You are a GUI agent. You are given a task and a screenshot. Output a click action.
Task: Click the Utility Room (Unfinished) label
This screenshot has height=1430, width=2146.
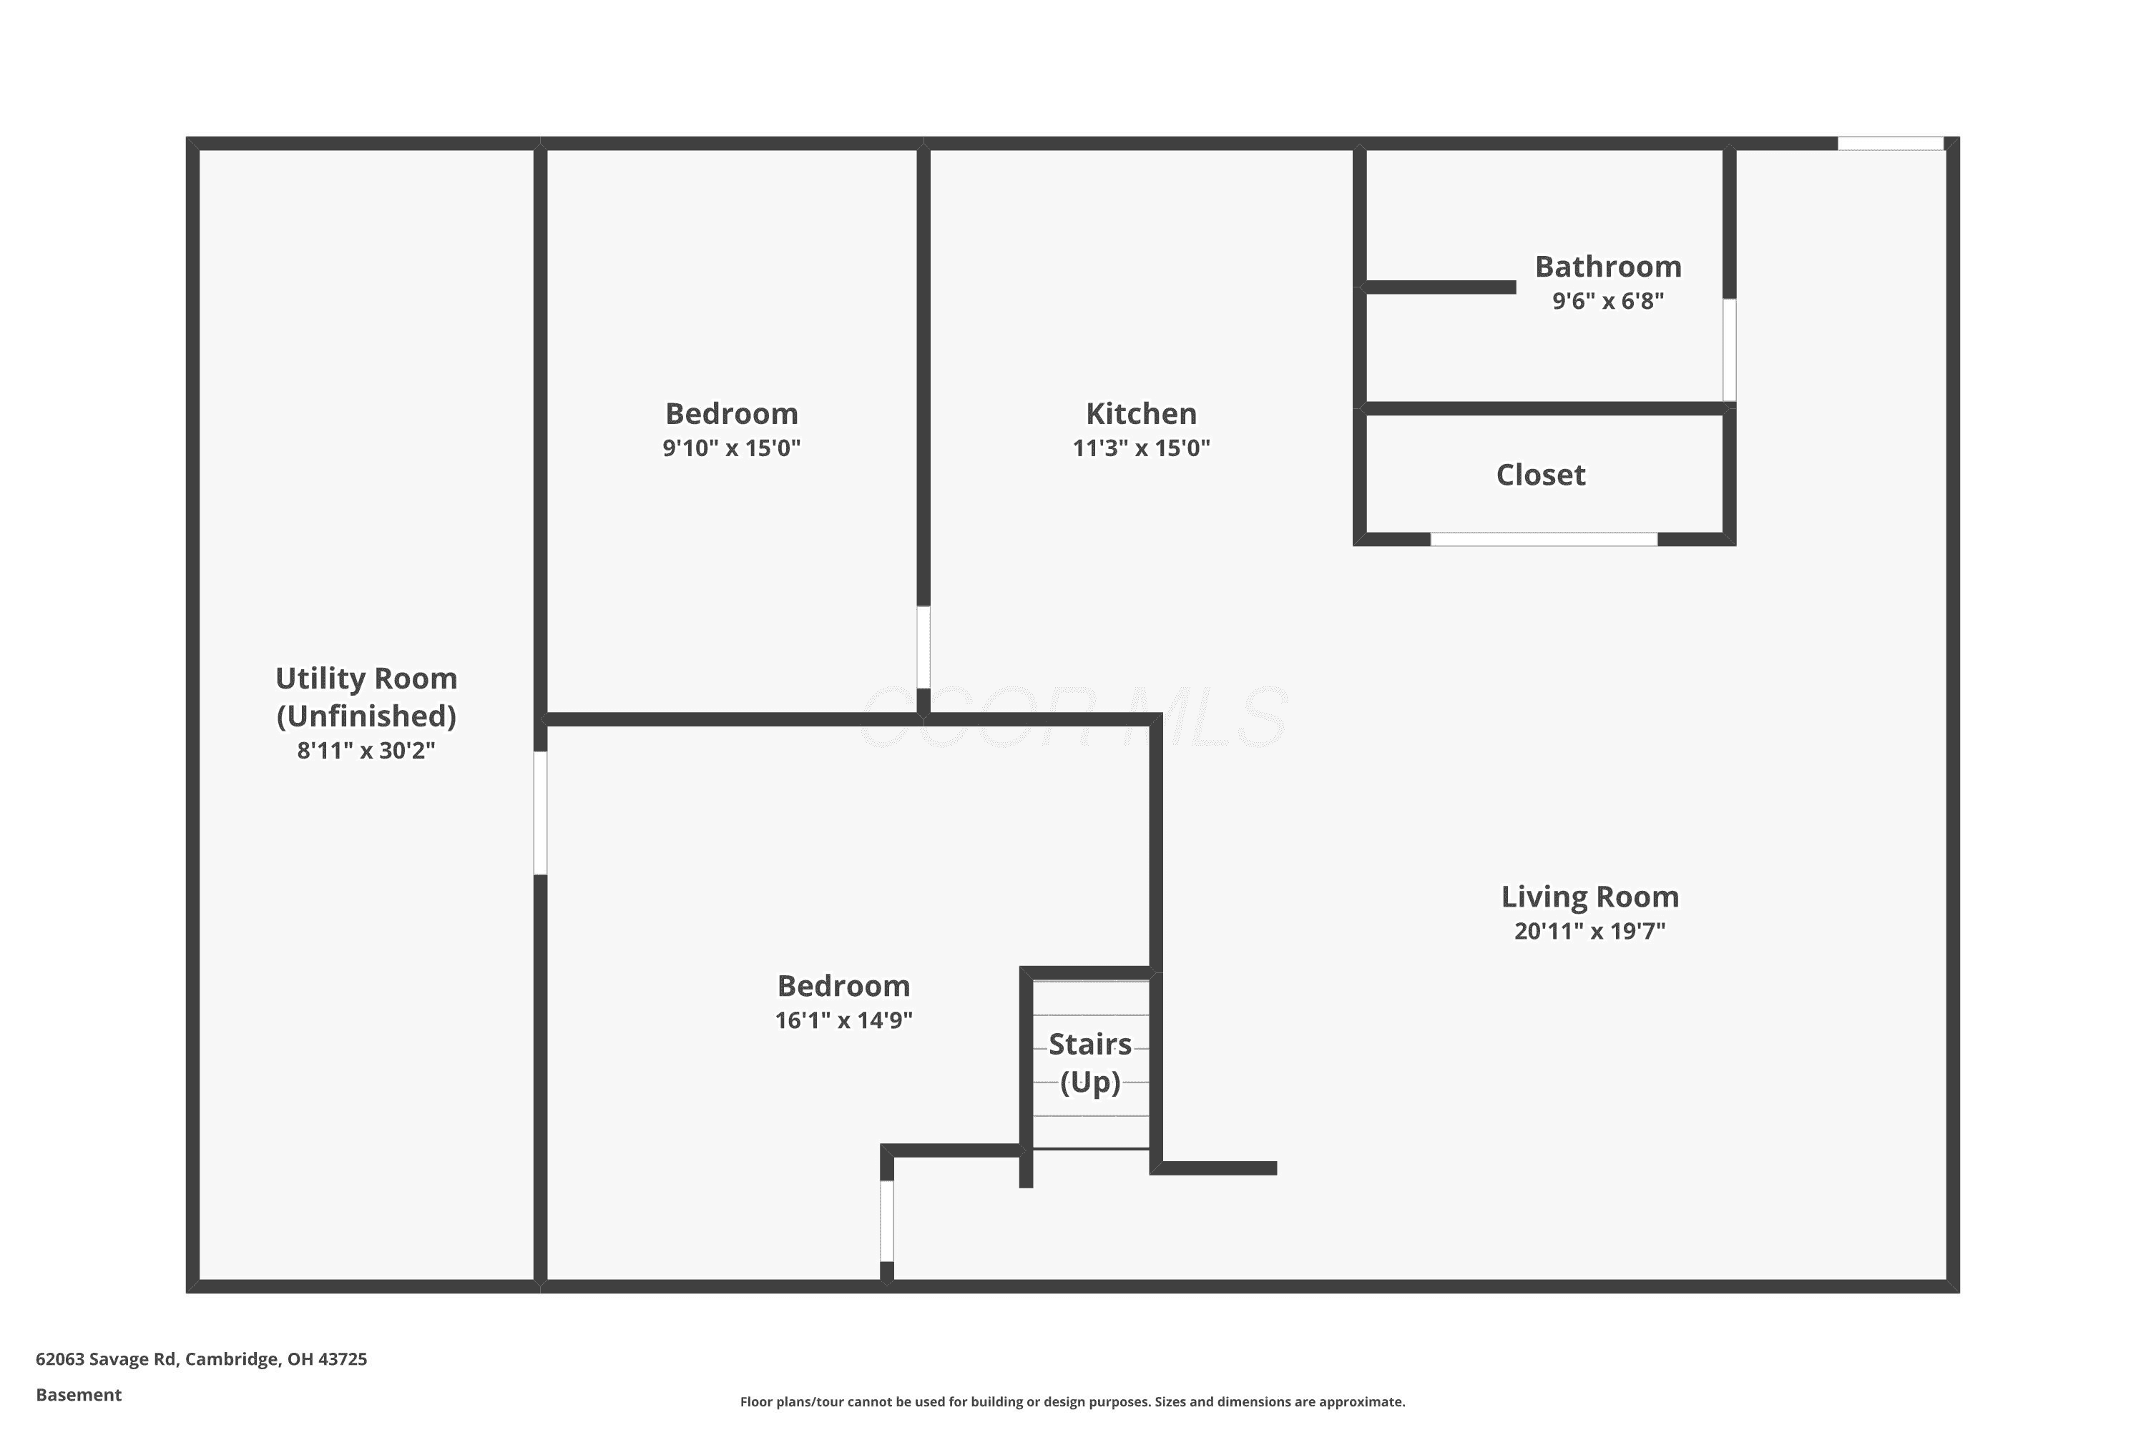[x=366, y=696]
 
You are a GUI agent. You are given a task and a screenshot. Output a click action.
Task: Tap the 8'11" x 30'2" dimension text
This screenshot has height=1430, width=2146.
[x=366, y=751]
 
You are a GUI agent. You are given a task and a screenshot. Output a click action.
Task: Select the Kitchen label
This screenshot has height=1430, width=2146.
[x=1140, y=413]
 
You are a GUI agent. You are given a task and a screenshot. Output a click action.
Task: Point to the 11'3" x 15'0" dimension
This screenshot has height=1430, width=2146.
[x=1140, y=448]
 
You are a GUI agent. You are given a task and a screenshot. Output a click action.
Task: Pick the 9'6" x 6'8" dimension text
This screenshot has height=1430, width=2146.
[x=1607, y=301]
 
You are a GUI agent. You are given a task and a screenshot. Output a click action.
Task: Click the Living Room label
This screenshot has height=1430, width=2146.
[x=1589, y=897]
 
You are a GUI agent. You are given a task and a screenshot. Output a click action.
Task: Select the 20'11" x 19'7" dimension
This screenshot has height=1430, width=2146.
[x=1589, y=931]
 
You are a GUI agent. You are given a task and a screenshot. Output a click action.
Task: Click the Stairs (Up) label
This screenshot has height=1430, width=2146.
[x=1089, y=1062]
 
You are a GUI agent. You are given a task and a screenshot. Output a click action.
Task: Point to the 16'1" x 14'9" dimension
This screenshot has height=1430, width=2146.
[x=843, y=1020]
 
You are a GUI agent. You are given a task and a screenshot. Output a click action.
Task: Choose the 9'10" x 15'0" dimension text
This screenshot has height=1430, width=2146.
[x=731, y=448]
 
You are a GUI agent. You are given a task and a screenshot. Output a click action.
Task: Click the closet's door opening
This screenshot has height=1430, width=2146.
[x=1543, y=539]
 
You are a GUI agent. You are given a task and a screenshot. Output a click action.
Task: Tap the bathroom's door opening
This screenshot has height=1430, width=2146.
[x=1729, y=350]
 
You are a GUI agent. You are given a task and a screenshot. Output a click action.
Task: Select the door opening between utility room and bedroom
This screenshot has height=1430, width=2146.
[x=540, y=812]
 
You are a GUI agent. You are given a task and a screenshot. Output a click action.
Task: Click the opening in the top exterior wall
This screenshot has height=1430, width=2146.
[x=1891, y=143]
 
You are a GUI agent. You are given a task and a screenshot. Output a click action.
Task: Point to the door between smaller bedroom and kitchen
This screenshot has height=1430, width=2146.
[x=923, y=646]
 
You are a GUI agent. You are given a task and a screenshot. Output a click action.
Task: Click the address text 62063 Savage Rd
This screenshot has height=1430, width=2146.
[x=106, y=1359]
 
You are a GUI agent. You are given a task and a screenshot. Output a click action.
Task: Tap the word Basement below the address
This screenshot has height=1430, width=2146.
[x=79, y=1394]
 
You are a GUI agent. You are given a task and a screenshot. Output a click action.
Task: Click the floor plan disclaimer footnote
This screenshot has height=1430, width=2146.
[x=1072, y=1401]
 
